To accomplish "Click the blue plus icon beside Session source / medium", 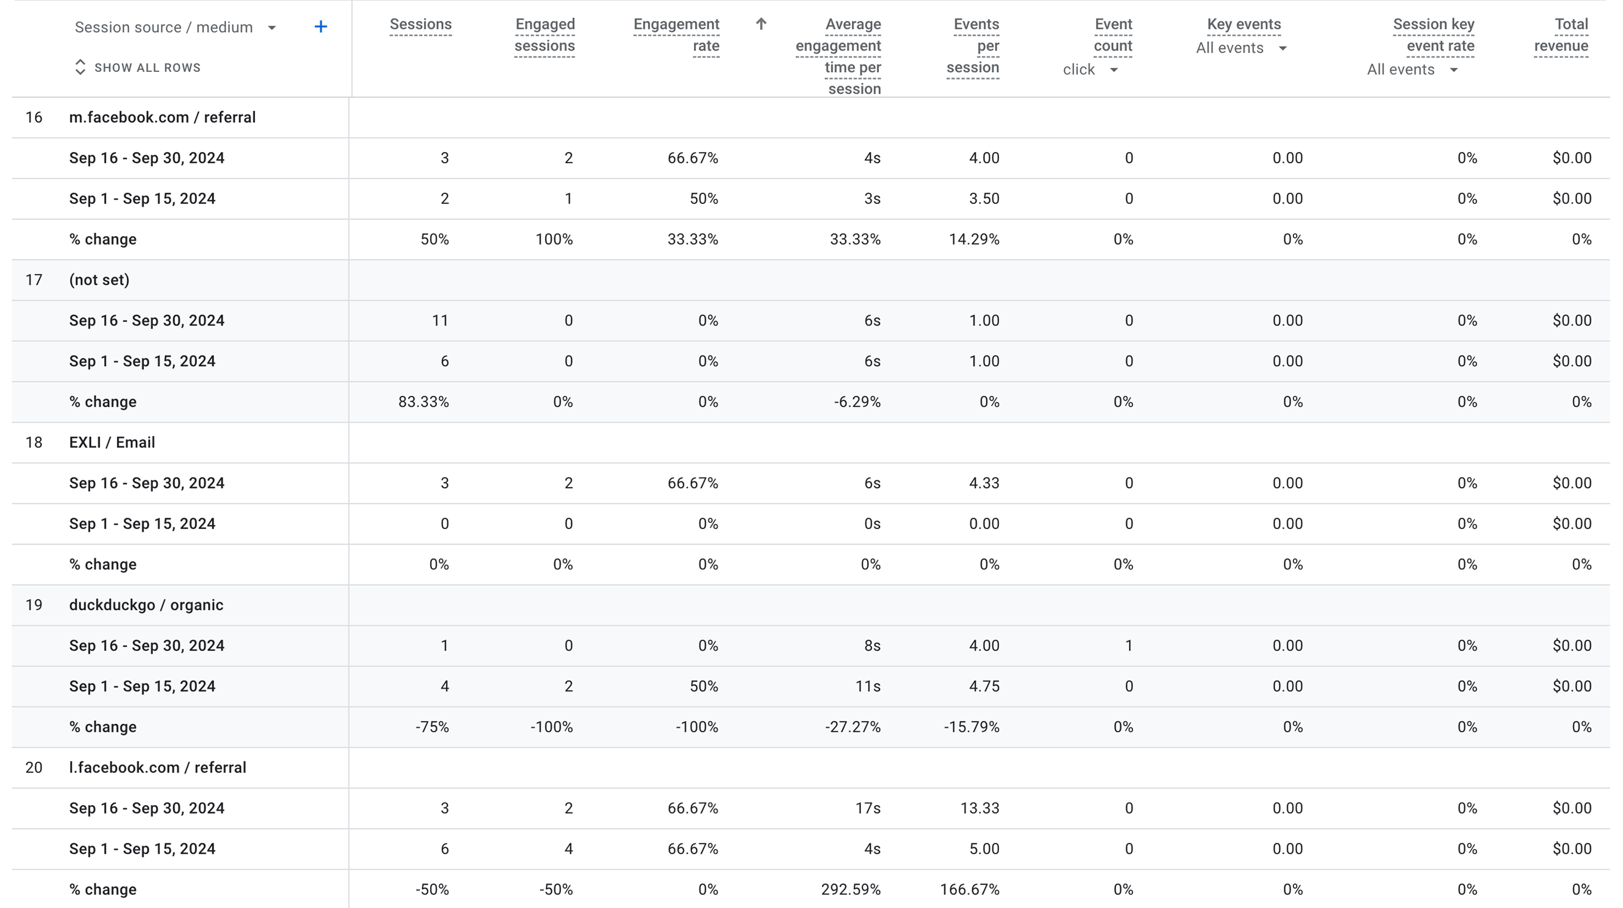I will [321, 27].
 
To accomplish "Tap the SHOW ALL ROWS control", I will [138, 67].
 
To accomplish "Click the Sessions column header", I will [420, 24].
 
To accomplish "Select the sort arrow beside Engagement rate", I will [761, 24].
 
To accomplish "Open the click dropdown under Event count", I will [1090, 70].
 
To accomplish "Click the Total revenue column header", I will [1561, 35].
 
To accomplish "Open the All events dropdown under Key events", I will [1241, 49].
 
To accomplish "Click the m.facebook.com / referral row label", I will [162, 118].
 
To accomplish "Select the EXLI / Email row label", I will [112, 442].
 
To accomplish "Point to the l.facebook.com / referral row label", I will [158, 767].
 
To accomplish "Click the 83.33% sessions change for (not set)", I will [423, 402].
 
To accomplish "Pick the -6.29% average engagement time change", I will [857, 402].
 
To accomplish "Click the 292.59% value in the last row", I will [851, 889].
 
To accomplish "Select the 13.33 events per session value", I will [979, 808].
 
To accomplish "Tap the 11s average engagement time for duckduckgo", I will [868, 687].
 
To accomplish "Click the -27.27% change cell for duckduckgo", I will [852, 727].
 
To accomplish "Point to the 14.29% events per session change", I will [974, 239].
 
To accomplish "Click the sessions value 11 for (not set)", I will [440, 320].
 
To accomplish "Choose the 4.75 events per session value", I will [984, 687].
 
